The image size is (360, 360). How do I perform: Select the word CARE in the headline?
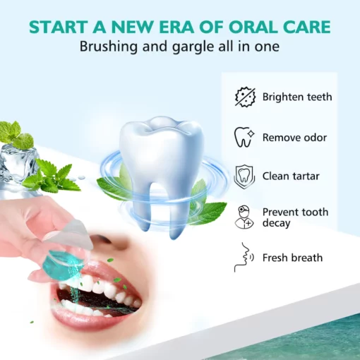(x=305, y=28)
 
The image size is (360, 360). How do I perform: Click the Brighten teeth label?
(x=297, y=97)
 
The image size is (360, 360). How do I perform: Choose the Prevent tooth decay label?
(x=295, y=217)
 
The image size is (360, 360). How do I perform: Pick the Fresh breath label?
(x=292, y=258)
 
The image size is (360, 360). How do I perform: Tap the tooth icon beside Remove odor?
(x=244, y=136)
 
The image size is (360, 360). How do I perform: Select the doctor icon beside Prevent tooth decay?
(x=244, y=216)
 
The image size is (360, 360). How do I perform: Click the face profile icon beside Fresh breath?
(x=243, y=258)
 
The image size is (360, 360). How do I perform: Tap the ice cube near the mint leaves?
(x=14, y=162)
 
